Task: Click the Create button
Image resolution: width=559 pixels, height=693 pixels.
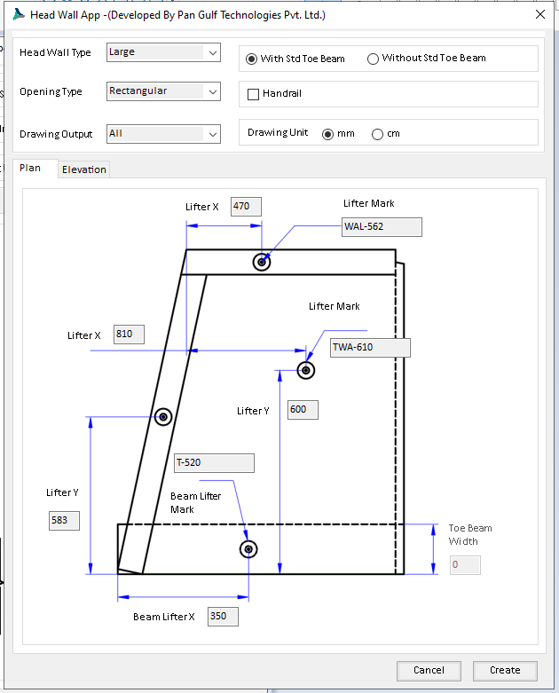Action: click(x=505, y=670)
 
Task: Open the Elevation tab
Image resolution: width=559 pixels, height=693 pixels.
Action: click(x=84, y=169)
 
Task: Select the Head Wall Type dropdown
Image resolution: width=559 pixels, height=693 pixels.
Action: click(x=162, y=52)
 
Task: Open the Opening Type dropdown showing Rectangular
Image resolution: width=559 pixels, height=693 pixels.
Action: click(x=162, y=91)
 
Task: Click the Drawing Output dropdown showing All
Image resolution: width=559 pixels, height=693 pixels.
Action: click(x=162, y=134)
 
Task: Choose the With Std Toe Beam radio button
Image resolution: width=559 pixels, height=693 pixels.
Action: click(x=252, y=59)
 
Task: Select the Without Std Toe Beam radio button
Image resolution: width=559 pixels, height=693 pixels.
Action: click(x=373, y=59)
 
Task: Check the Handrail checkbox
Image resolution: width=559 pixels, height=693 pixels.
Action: click(x=254, y=94)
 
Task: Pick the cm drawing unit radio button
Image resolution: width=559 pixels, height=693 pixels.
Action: click(x=378, y=134)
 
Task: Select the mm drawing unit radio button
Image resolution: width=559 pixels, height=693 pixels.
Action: click(x=327, y=134)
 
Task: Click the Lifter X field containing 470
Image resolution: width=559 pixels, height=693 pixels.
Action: click(x=246, y=207)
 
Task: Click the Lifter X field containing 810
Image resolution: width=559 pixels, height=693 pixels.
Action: click(x=129, y=335)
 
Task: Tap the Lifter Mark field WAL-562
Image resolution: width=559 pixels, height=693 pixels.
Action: click(x=382, y=226)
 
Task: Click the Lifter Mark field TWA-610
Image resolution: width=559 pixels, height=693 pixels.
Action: click(x=370, y=347)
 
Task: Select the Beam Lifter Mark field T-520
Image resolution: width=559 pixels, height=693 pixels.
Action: click(x=214, y=462)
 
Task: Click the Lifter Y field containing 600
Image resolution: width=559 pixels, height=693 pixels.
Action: click(x=303, y=410)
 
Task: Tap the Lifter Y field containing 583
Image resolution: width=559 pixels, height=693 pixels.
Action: click(x=65, y=521)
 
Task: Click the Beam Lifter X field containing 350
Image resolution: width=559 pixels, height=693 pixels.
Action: click(x=223, y=616)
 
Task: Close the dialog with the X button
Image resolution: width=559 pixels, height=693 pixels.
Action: click(x=540, y=14)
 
